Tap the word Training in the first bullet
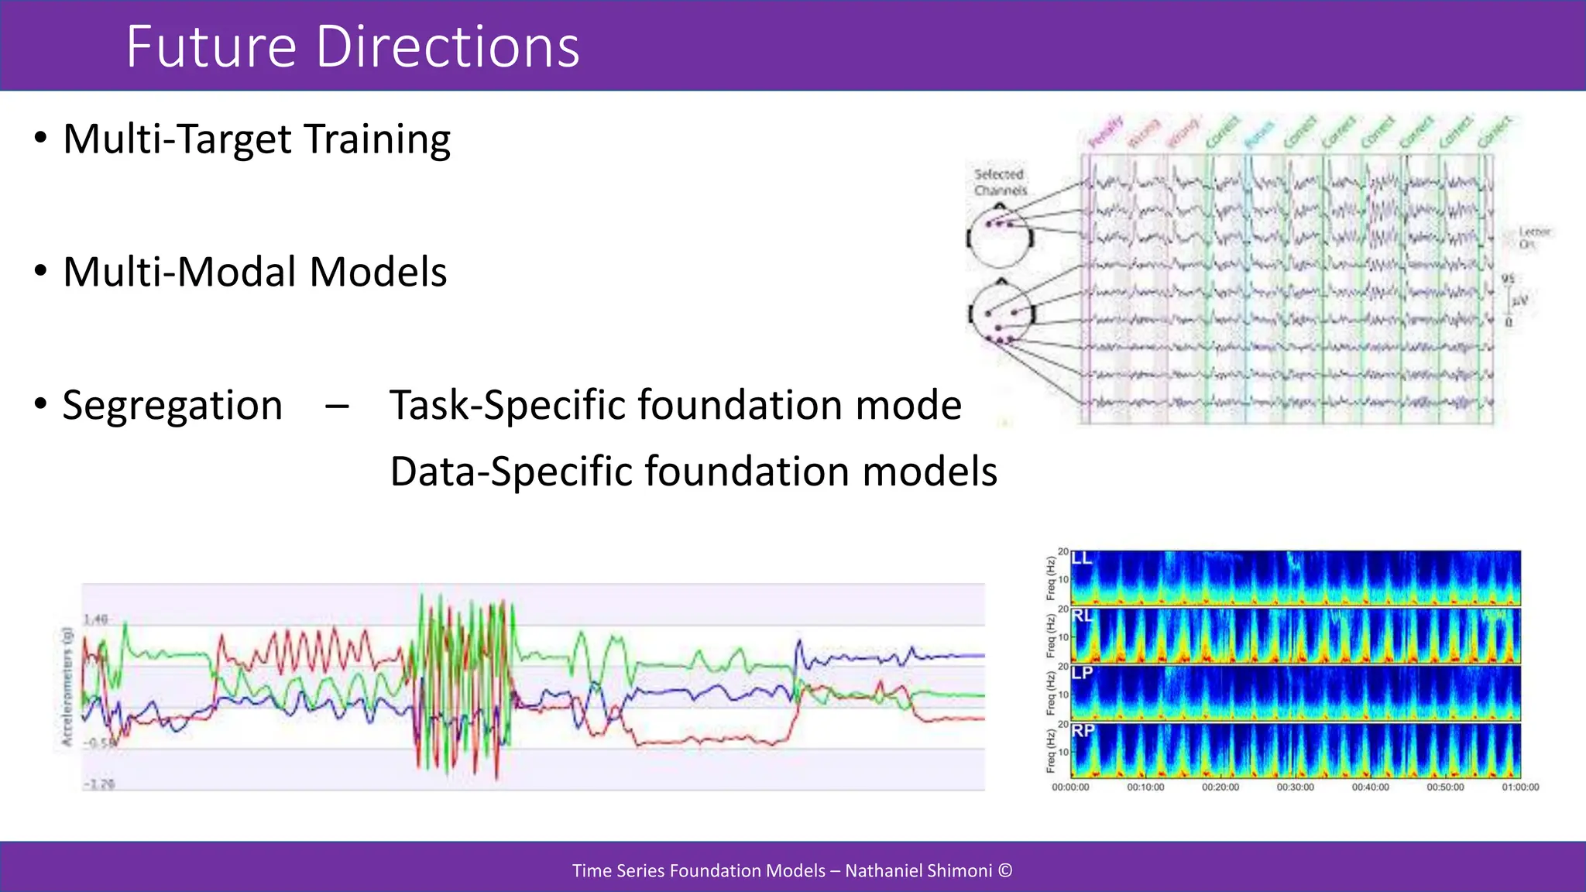pyautogui.click(x=377, y=140)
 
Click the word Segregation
pyautogui.click(x=172, y=406)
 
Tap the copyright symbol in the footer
pyautogui.click(x=1005, y=870)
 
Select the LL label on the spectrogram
pyautogui.click(x=1082, y=558)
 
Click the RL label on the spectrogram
pyautogui.click(x=1082, y=616)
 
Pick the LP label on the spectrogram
pyautogui.click(x=1082, y=673)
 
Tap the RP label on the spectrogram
pyautogui.click(x=1083, y=730)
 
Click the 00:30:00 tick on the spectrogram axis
pyautogui.click(x=1296, y=787)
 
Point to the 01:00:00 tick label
pyautogui.click(x=1520, y=787)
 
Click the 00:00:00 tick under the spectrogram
pyautogui.click(x=1070, y=787)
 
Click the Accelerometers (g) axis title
pyautogui.click(x=67, y=687)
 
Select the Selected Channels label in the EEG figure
pyautogui.click(x=1000, y=183)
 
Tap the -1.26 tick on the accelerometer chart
pyautogui.click(x=99, y=784)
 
